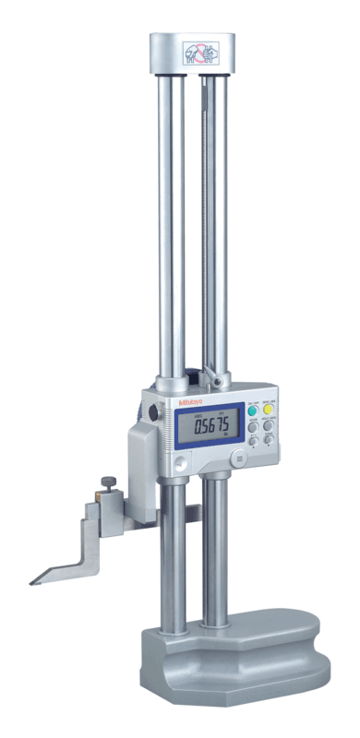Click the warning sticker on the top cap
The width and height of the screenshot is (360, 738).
(193, 50)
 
